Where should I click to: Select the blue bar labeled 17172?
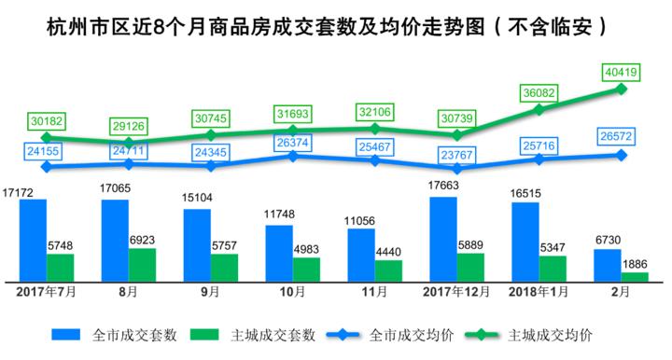tap(33, 239)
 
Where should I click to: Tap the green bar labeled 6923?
tap(142, 264)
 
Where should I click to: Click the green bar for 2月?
tap(635, 276)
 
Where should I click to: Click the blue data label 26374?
tap(293, 142)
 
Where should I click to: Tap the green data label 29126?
tap(129, 123)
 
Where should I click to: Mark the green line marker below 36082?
tap(539, 110)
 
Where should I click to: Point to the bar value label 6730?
tap(608, 240)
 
